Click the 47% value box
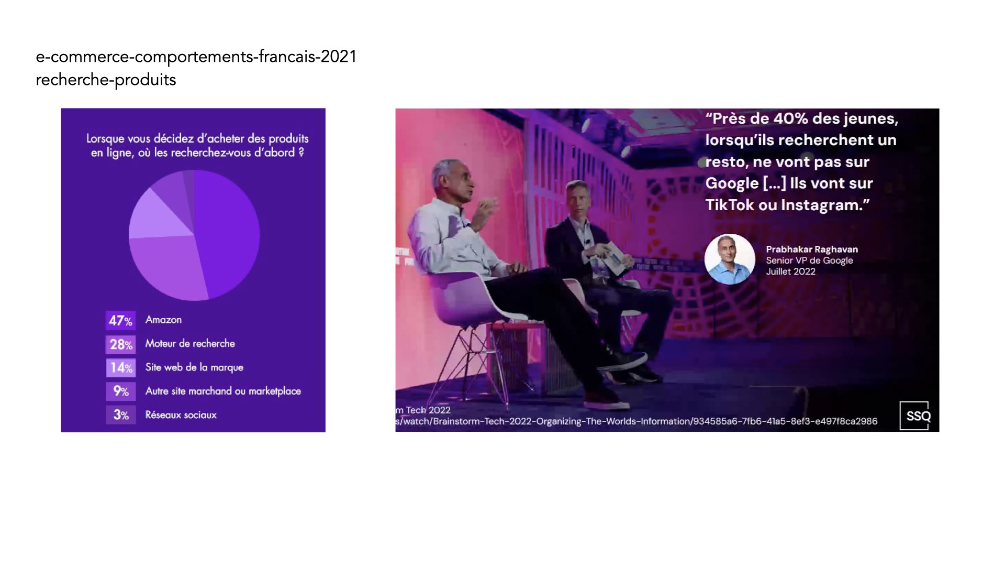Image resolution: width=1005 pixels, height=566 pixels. tap(120, 320)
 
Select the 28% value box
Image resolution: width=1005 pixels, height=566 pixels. tap(120, 344)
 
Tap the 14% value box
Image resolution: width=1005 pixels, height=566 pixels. tap(120, 368)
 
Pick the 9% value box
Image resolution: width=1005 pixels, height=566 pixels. tap(120, 391)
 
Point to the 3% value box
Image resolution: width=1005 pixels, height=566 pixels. tap(120, 415)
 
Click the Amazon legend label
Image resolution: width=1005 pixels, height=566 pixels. tap(163, 320)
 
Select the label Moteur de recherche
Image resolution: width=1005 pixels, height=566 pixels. tap(190, 343)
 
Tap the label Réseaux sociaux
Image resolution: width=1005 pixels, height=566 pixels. tap(181, 415)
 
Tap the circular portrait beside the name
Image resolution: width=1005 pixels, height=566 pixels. tap(730, 259)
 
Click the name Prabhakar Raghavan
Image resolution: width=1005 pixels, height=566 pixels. tap(812, 249)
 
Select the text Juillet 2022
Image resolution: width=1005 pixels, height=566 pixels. tap(790, 271)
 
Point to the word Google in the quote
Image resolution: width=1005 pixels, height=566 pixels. tap(732, 183)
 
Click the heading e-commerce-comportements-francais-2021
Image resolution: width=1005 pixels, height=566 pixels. tap(196, 57)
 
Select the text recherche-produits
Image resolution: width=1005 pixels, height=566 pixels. tap(106, 80)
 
